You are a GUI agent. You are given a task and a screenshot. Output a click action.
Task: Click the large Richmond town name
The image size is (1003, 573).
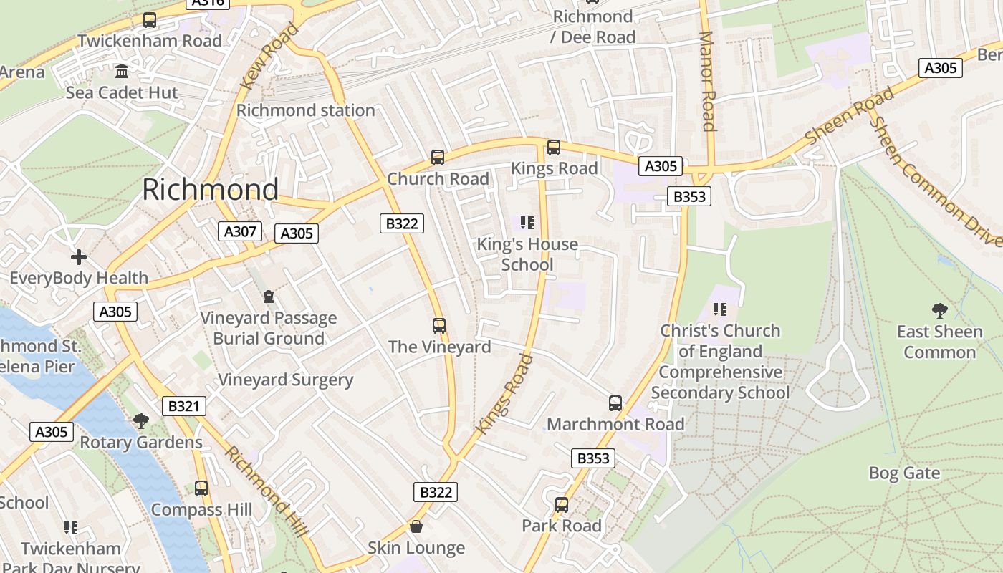[210, 190]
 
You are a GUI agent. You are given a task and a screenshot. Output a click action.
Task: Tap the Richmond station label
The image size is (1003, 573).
[306, 110]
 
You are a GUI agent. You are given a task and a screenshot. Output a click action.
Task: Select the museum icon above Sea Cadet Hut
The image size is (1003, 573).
[122, 72]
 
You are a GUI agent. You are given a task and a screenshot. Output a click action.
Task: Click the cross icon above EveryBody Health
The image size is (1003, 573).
[79, 256]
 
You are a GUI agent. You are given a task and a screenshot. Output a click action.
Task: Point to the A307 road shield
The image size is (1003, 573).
[240, 231]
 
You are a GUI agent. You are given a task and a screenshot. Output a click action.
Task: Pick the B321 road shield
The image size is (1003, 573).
[183, 406]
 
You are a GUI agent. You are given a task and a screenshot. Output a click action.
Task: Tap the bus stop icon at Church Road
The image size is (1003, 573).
[437, 158]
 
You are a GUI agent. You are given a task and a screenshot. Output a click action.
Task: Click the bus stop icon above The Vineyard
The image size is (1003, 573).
[439, 326]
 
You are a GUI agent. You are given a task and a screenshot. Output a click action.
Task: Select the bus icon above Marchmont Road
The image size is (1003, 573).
[615, 403]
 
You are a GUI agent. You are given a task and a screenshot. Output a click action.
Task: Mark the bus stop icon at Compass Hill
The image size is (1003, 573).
[201, 488]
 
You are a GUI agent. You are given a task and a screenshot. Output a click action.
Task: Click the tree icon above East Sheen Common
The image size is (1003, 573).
[939, 310]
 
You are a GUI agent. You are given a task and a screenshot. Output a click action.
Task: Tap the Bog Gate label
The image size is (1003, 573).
[904, 473]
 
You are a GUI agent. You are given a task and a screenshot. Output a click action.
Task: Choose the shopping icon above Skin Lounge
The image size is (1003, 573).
[416, 527]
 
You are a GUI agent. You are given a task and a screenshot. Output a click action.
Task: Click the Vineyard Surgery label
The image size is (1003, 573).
[285, 380]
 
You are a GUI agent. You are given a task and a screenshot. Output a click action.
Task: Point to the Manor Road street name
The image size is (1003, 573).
[707, 81]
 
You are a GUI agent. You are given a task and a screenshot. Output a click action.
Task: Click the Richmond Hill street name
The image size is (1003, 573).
[266, 491]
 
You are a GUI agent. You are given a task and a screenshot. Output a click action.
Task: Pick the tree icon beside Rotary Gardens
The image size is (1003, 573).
[141, 420]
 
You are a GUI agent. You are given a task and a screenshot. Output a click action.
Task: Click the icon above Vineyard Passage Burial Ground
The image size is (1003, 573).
[269, 297]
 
